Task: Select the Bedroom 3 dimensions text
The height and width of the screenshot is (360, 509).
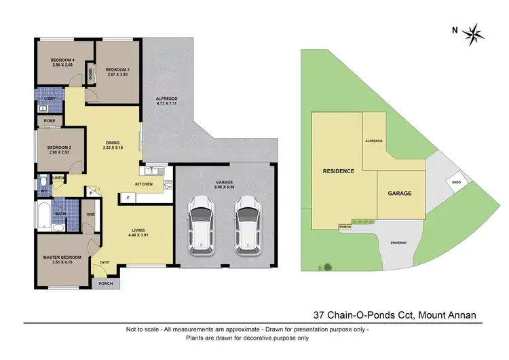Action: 117,74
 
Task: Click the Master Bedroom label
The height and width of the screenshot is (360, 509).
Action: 62,257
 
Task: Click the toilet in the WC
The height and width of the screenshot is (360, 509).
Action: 44,182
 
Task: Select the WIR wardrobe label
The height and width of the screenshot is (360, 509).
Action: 90,216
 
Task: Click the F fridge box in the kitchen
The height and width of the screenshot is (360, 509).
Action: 128,198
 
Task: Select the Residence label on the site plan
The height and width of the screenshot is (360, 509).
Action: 338,171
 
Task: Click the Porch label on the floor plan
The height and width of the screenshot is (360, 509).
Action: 105,283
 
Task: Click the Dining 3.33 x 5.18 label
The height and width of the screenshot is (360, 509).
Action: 117,145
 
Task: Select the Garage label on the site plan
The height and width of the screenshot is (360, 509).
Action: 400,193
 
